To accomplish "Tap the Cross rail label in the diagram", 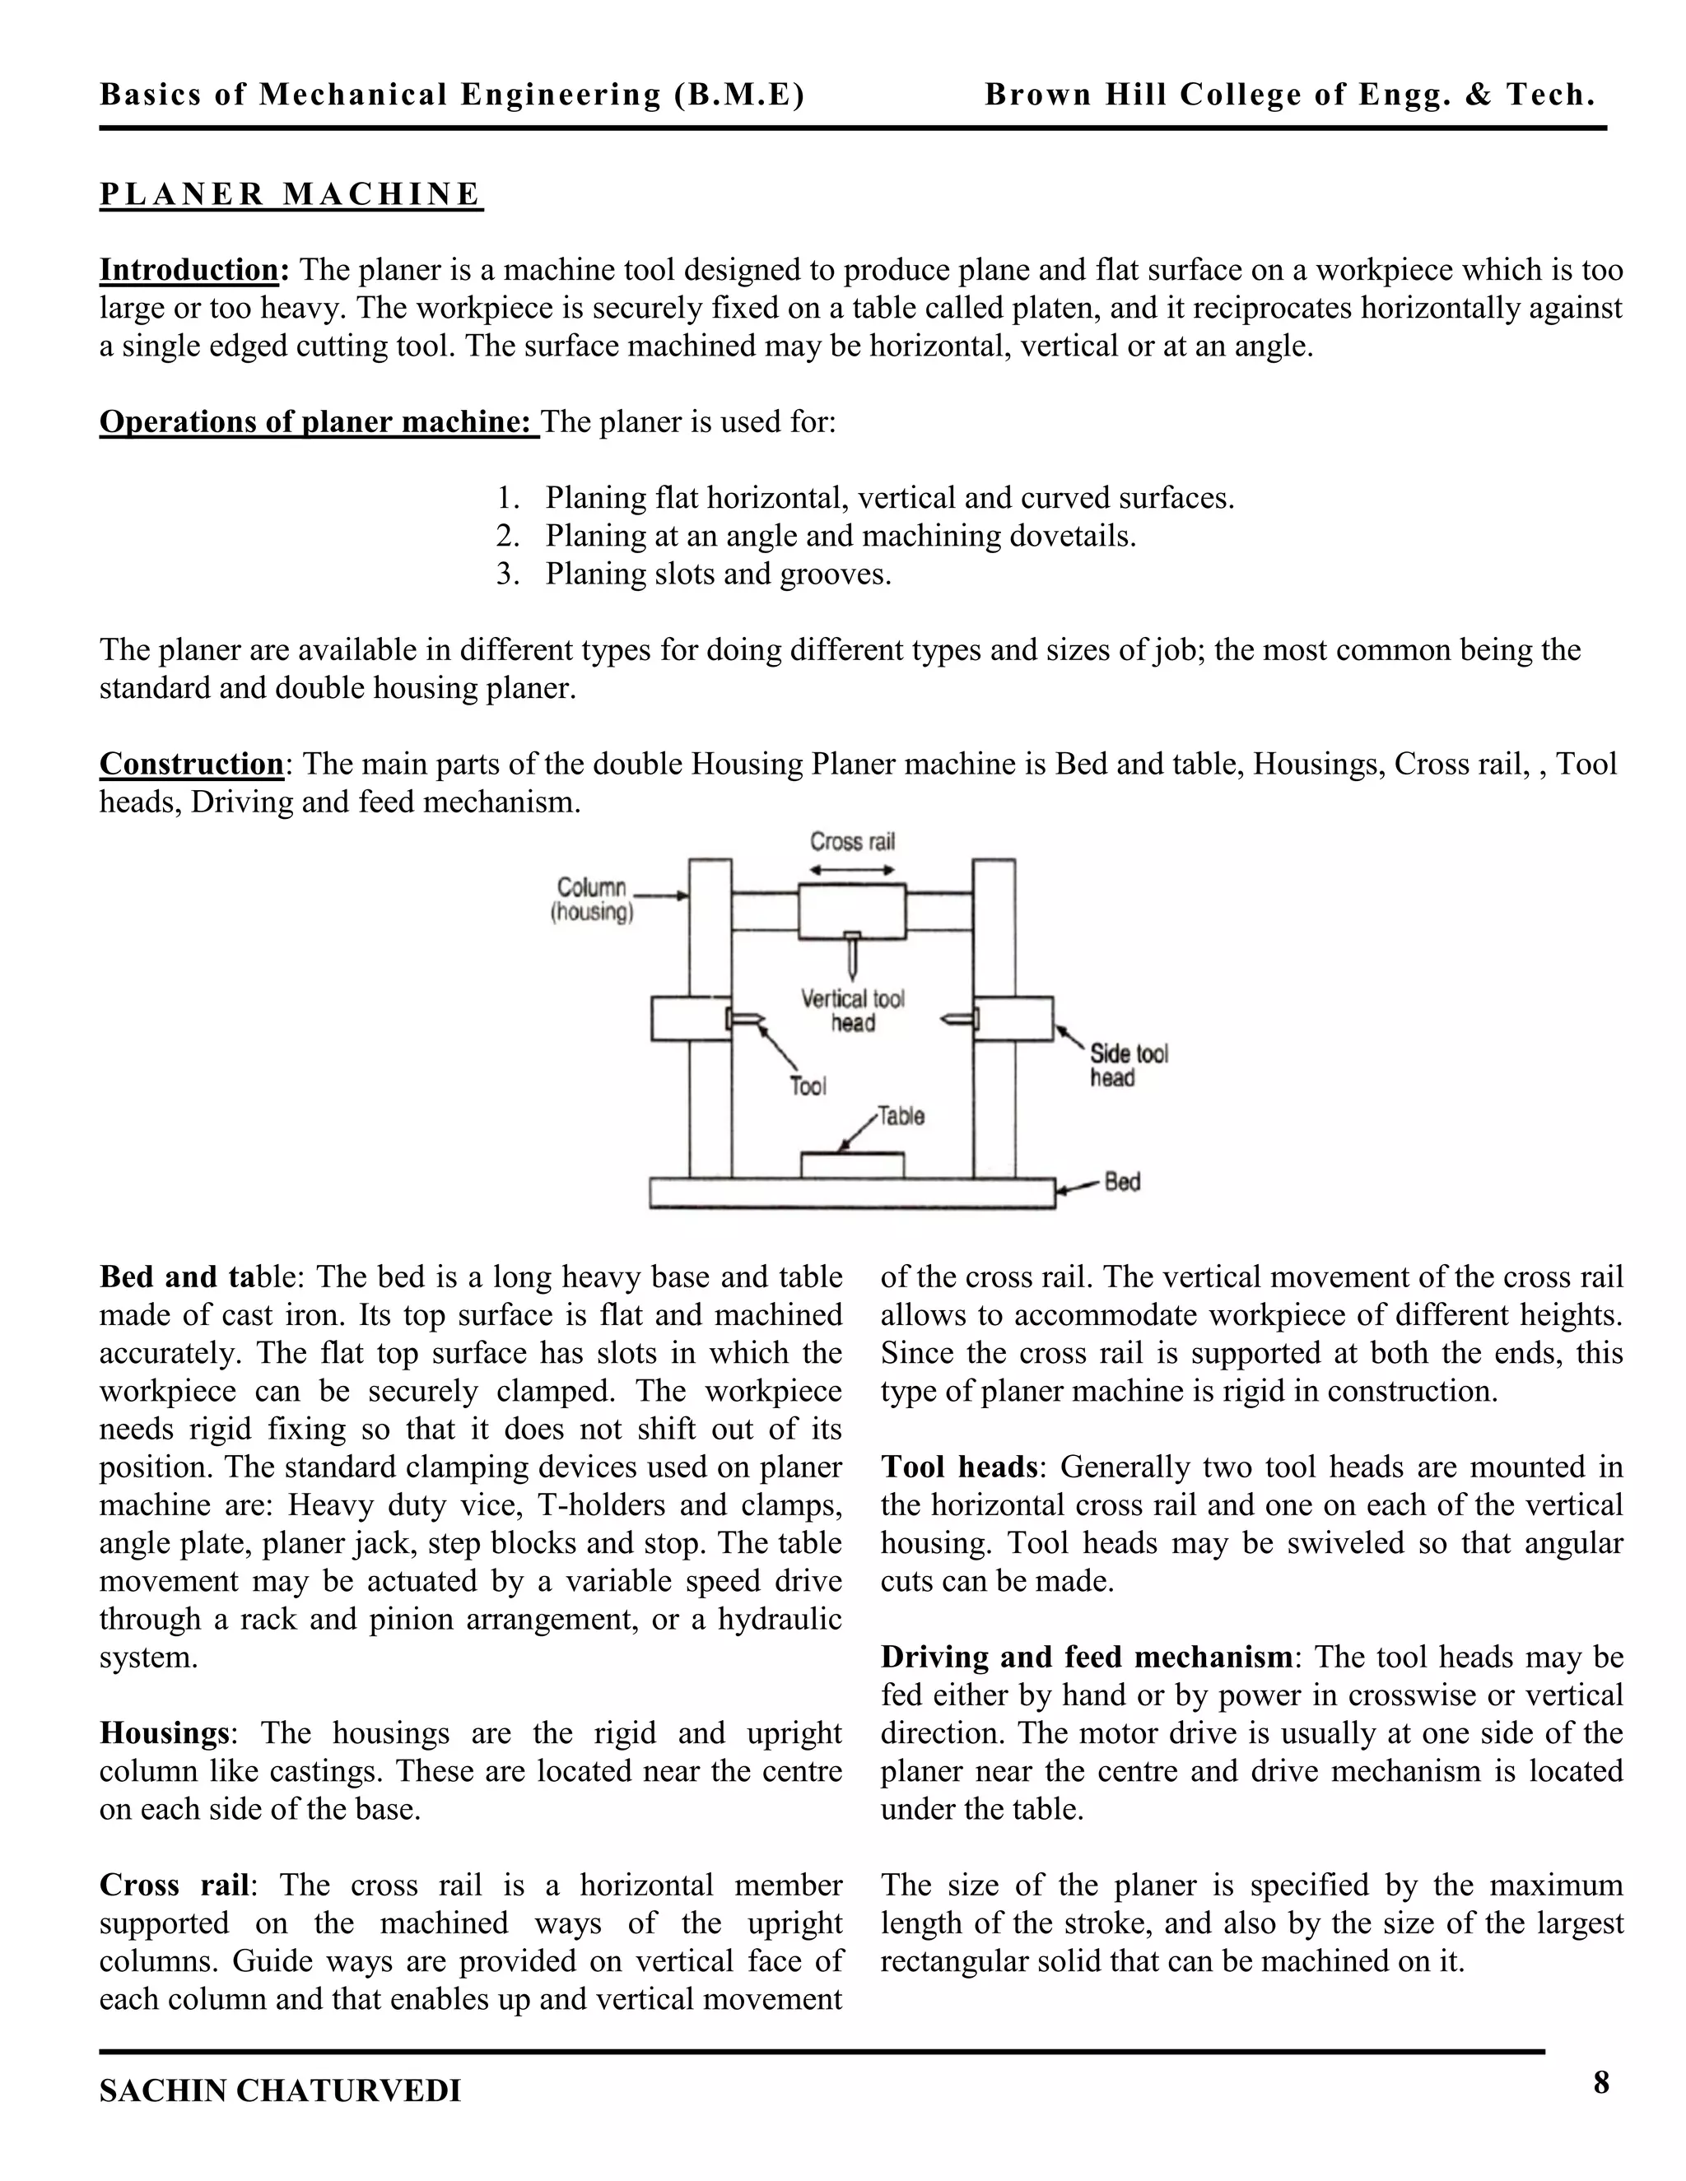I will [852, 842].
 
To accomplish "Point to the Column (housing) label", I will [591, 900].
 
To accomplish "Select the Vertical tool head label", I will [853, 1011].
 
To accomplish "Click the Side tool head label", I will [1128, 1066].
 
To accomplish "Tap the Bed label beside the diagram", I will [1122, 1183].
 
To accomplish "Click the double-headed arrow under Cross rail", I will [852, 870].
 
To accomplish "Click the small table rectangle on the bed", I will [852, 1165].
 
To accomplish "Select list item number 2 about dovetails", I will [839, 537].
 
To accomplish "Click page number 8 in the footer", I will [1601, 2082].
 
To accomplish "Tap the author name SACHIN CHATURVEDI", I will [280, 2090].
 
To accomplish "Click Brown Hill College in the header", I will [1288, 95].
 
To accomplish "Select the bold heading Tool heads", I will [959, 1467].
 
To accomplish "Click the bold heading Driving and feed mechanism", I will [1086, 1657].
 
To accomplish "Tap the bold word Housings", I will [164, 1732].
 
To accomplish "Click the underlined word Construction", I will [192, 764].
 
